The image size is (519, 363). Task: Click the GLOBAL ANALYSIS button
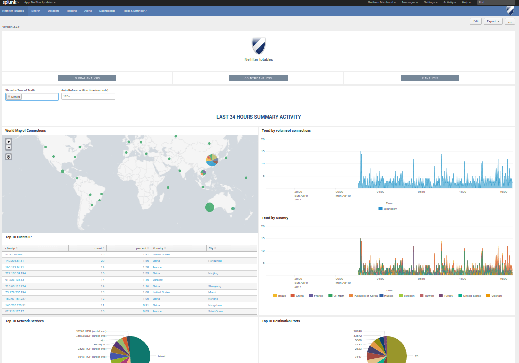coord(87,78)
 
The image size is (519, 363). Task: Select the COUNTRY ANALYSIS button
coord(258,78)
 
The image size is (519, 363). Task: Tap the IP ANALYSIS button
coord(429,78)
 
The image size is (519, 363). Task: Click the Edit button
coord(476,21)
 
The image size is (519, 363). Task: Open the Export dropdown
coord(493,21)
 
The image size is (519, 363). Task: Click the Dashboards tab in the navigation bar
coord(107,10)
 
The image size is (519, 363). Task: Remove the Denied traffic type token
coord(9,97)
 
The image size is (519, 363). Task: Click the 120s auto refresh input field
coord(88,96)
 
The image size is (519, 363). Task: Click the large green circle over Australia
coord(210,207)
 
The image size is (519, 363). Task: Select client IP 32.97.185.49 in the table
coord(14,254)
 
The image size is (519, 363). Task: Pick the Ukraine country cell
coord(157,280)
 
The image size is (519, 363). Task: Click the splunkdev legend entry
coord(389,208)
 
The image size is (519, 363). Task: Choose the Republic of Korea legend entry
coord(365,295)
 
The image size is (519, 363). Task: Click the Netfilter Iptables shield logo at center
coord(259,46)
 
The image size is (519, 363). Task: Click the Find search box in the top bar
coord(495,2)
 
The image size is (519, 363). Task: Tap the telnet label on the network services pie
coord(161,356)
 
